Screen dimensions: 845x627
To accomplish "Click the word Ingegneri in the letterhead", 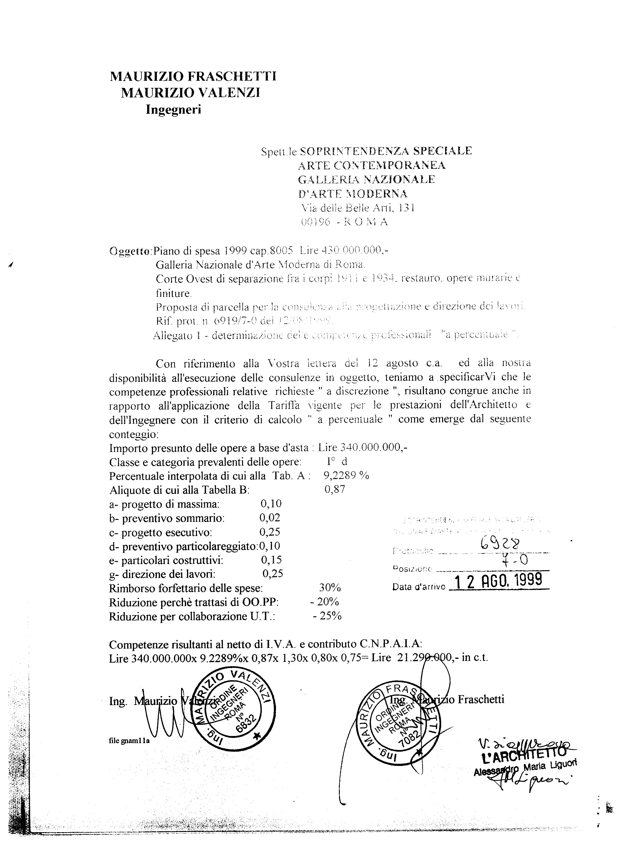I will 173,110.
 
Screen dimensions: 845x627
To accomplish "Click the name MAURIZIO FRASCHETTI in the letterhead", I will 193,77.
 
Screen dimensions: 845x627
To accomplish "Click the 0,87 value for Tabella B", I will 335,489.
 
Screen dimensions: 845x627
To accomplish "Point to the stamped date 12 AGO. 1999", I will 498,581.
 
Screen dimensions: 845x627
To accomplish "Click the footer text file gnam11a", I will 129,741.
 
